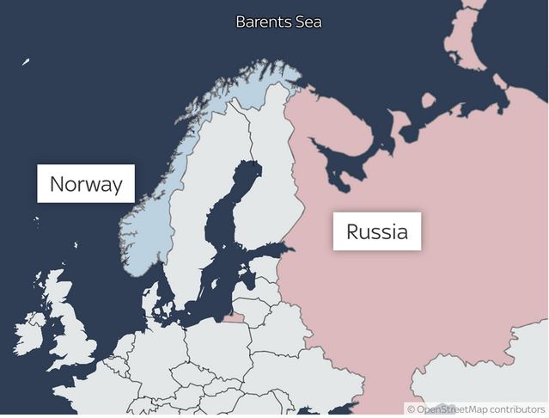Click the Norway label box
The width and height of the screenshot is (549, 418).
[86, 183]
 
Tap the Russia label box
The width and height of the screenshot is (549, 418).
[376, 231]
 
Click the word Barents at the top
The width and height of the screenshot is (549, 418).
[262, 22]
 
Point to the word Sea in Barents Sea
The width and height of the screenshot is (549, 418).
[307, 22]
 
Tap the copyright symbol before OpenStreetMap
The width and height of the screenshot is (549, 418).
[412, 409]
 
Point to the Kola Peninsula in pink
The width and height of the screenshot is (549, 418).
[335, 120]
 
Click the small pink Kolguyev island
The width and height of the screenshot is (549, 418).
[428, 100]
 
